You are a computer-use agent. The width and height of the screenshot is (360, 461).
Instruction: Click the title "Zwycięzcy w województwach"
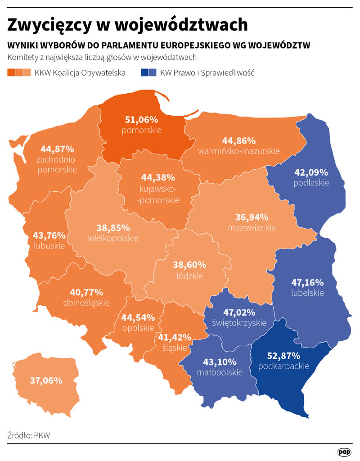(127, 25)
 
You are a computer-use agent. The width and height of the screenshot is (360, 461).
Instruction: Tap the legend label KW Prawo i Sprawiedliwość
(207, 72)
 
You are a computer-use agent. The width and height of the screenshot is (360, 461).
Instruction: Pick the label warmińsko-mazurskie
(238, 151)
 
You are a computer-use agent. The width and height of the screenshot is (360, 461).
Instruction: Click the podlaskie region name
(311, 183)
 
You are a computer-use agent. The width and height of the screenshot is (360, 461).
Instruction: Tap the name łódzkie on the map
(189, 276)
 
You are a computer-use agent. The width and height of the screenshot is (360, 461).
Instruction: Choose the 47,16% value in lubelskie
(308, 282)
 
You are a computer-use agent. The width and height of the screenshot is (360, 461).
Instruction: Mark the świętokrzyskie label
(239, 323)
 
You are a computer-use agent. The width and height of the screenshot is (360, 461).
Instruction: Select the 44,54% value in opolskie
(138, 317)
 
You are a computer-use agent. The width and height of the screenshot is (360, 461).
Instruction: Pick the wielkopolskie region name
(113, 238)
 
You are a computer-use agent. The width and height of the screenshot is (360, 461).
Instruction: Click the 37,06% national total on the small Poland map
(46, 380)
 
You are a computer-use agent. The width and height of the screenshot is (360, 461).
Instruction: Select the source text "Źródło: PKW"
(29, 435)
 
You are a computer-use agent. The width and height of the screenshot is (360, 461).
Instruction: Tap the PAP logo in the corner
(344, 452)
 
